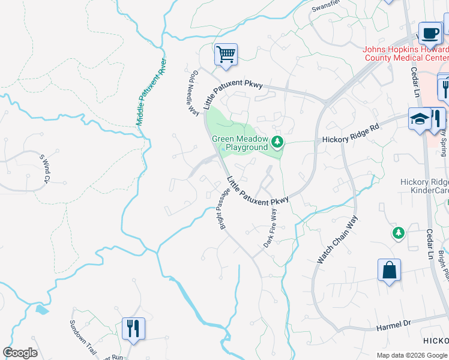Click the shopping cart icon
pos(226,55)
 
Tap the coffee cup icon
pos(429,32)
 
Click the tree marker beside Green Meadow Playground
pos(277,142)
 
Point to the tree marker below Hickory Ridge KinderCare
pos(397,232)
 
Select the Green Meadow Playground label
pos(240,143)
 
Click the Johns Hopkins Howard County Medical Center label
pos(406,53)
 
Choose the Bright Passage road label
pos(220,211)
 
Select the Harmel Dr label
pos(393,325)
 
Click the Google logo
pos(20,353)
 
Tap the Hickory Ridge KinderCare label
pos(424,186)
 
